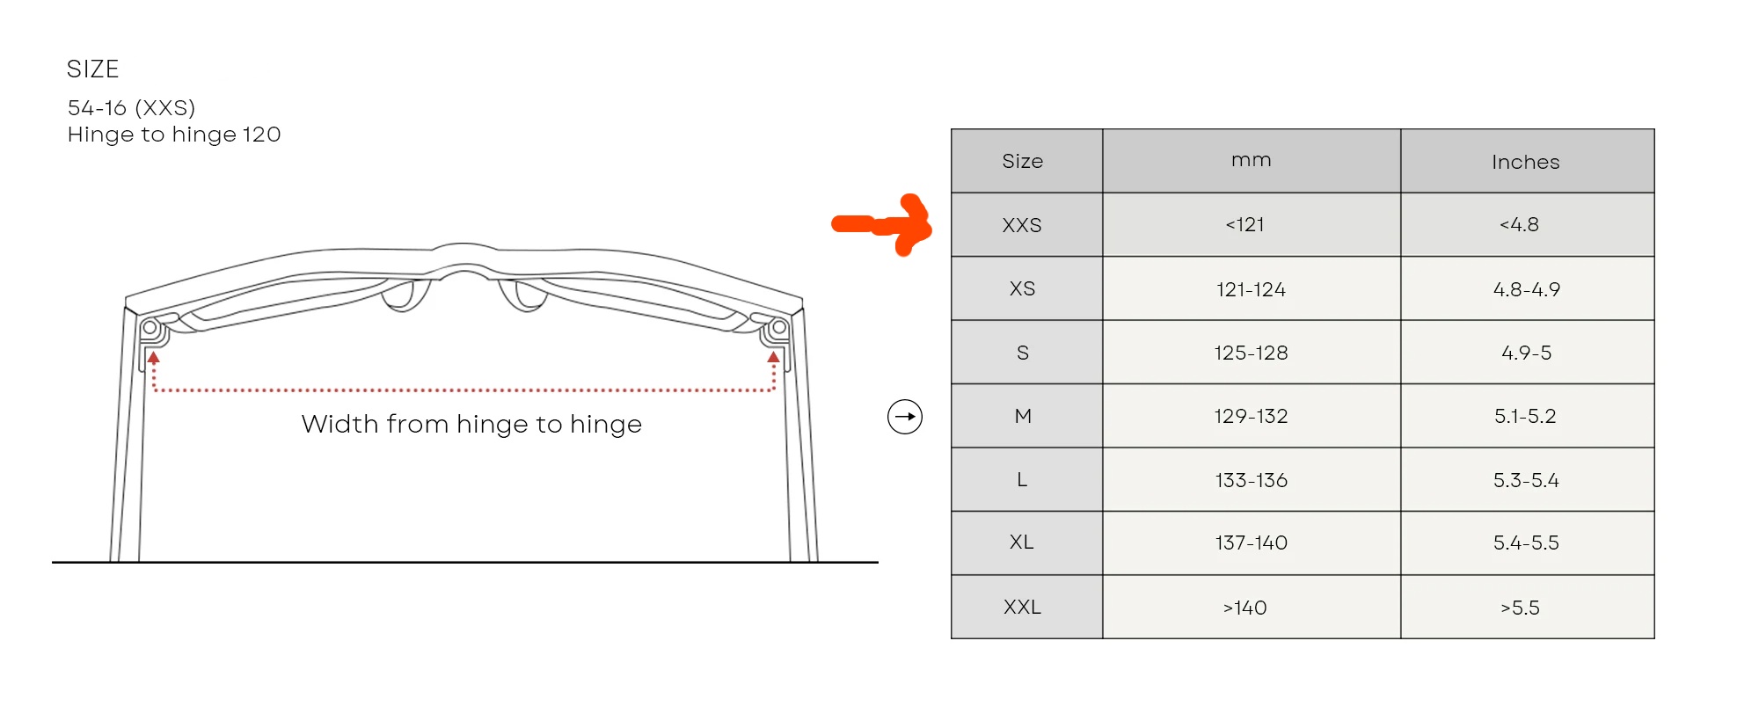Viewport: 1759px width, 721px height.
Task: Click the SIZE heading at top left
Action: click(92, 69)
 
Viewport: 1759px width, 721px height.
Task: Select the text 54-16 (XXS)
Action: click(131, 107)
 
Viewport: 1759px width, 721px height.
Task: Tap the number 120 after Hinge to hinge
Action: click(261, 134)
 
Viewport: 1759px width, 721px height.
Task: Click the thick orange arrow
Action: click(882, 224)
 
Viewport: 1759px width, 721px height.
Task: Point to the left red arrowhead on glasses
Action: click(154, 358)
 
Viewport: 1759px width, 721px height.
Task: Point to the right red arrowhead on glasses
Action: click(774, 357)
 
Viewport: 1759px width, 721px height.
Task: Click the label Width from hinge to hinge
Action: click(471, 425)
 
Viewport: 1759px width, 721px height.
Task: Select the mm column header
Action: click(1252, 161)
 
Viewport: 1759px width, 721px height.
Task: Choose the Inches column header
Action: click(1526, 162)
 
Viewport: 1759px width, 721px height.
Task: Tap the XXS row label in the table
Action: click(1022, 225)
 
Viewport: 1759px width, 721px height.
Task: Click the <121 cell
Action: click(1245, 225)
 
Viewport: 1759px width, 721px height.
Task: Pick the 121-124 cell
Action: click(1251, 289)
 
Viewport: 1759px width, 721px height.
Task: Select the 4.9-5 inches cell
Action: click(1527, 353)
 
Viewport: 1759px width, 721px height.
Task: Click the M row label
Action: click(1023, 416)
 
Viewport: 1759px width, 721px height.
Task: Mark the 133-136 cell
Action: click(1252, 480)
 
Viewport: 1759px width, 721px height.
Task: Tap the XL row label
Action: click(1022, 543)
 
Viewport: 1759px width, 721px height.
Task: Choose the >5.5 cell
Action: click(1521, 608)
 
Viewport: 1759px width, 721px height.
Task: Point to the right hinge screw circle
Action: click(779, 328)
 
